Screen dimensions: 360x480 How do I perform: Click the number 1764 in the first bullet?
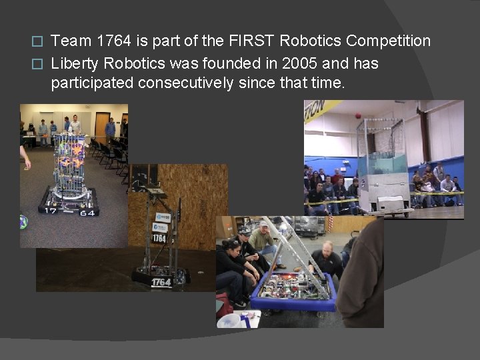110,41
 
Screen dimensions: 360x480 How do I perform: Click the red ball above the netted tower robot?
358,116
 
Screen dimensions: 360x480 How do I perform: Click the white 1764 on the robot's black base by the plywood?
161,282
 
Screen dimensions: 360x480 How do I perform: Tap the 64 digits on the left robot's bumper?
87,212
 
